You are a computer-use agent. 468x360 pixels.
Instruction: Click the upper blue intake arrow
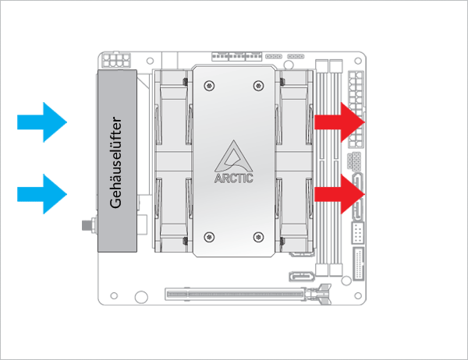click(x=43, y=122)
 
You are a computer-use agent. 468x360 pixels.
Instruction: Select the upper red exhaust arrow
click(x=340, y=122)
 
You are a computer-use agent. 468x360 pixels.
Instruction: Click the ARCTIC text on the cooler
click(x=233, y=177)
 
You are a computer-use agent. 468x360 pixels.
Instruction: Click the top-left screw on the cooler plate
click(x=207, y=83)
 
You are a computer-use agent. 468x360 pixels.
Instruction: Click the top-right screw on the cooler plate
click(x=259, y=83)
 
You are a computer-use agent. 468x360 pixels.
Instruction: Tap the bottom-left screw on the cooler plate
click(x=207, y=236)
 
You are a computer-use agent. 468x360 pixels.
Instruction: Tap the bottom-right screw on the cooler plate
click(x=259, y=236)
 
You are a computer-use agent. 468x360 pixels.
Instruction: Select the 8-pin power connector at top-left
click(x=116, y=60)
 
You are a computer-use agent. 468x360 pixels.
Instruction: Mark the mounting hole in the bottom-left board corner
click(x=115, y=296)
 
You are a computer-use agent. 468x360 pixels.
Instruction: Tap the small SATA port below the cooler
click(x=300, y=275)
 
